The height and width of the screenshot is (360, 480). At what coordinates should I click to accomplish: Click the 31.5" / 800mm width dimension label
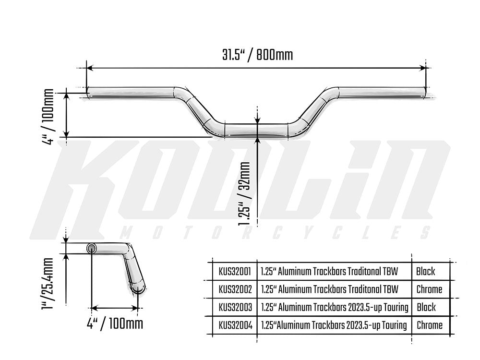[x=257, y=55]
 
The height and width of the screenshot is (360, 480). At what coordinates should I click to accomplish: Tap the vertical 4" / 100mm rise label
[x=48, y=116]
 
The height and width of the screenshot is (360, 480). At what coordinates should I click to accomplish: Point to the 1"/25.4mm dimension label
[x=48, y=284]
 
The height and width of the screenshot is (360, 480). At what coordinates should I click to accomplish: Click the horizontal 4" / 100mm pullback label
[x=115, y=323]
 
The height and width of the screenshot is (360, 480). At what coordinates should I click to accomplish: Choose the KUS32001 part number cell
[x=235, y=271]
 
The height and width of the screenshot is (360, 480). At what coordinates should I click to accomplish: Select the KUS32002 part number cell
[x=235, y=289]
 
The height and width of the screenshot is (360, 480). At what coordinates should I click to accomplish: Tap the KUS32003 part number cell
[x=235, y=307]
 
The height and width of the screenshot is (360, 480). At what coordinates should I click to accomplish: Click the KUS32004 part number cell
[x=235, y=325]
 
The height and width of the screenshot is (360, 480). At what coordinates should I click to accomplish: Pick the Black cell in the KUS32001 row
[x=425, y=271]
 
